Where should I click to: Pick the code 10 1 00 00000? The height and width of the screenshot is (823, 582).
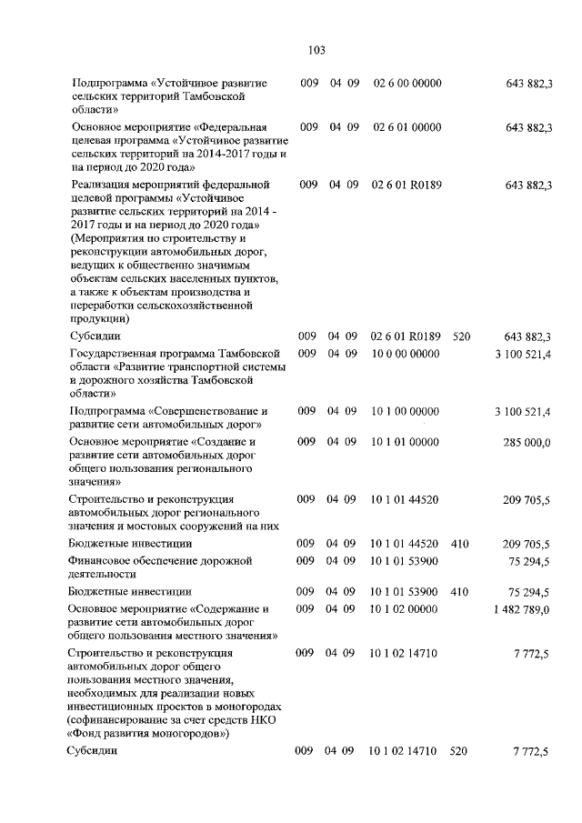coord(405,412)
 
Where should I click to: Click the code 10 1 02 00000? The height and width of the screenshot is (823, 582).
coord(405,608)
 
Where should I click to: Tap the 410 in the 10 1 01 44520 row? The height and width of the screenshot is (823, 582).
coord(459,544)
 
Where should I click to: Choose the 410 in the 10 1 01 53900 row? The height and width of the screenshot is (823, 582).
coord(459,592)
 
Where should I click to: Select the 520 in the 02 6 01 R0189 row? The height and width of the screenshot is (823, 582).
coord(460,337)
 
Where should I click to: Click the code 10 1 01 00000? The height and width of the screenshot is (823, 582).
coord(405,442)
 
